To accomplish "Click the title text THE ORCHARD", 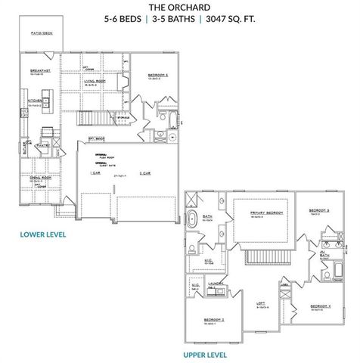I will pos(180,9).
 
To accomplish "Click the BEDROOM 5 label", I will pos(157,76).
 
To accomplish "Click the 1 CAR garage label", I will pos(96,173).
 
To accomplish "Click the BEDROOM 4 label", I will pos(318,306).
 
